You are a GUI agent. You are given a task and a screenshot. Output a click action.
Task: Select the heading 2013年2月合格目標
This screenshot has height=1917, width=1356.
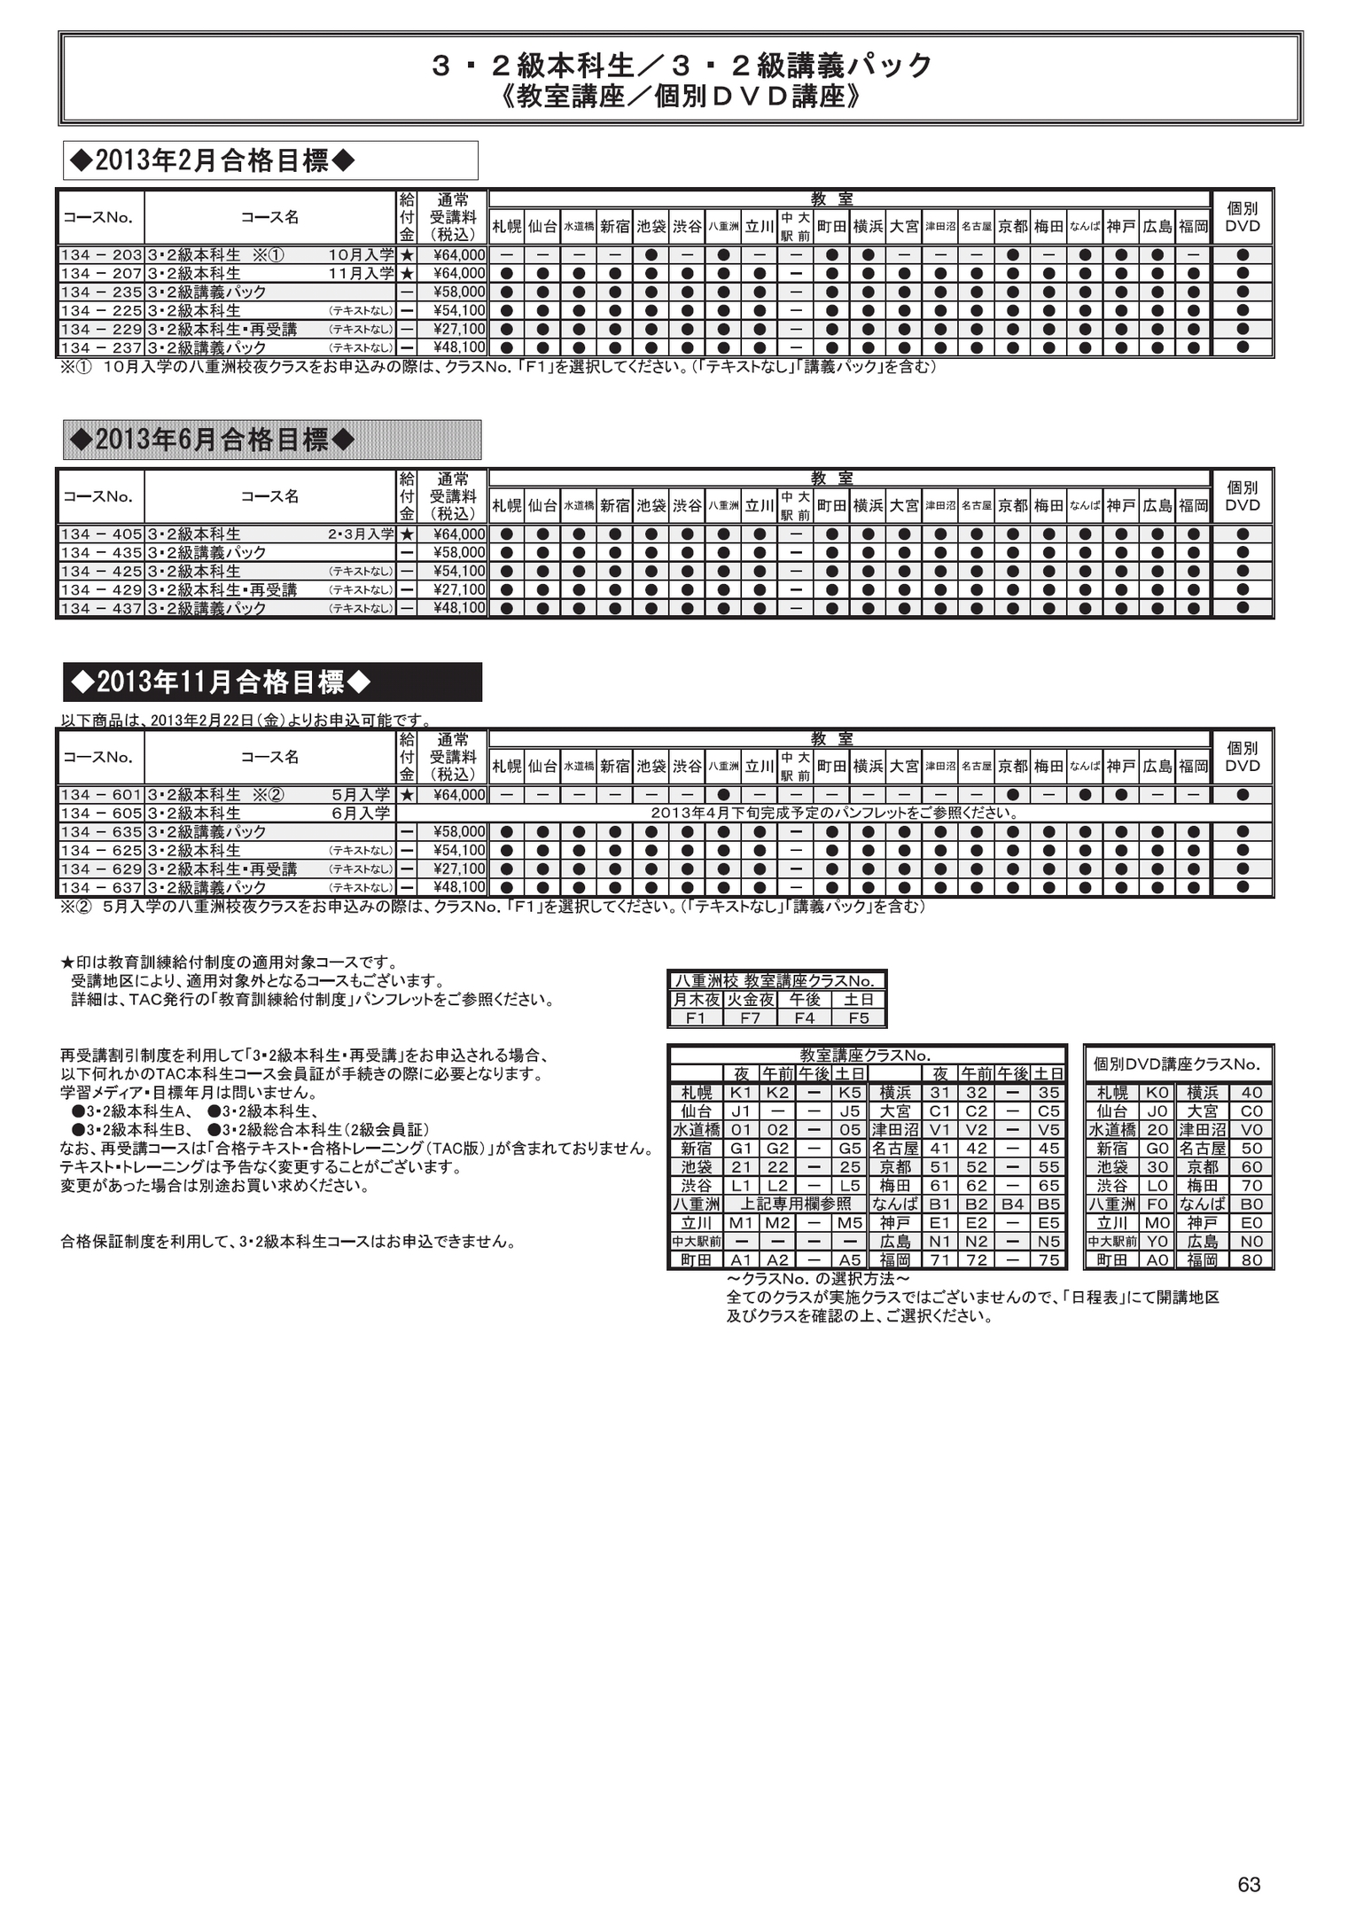point(212,160)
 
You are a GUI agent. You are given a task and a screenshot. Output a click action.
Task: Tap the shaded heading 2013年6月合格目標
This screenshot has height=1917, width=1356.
point(212,440)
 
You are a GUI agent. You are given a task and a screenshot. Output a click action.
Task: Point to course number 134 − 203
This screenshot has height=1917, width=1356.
point(102,255)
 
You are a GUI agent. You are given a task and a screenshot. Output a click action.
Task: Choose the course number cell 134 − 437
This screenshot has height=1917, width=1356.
point(102,609)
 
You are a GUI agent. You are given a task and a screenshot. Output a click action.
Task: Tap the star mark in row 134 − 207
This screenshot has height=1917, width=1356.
point(407,274)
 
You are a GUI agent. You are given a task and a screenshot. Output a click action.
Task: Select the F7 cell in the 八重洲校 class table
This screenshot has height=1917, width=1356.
point(750,1018)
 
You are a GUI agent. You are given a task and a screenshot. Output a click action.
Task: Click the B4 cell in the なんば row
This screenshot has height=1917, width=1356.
point(1012,1204)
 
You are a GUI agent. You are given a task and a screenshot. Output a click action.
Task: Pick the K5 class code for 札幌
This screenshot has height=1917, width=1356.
point(850,1093)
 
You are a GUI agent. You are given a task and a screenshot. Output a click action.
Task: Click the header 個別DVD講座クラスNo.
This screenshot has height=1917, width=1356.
point(1176,1064)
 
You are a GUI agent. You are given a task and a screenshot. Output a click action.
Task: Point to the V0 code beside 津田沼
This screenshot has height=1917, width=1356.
point(1251,1130)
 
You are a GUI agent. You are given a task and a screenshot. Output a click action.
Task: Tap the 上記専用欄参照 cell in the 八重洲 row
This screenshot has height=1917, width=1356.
point(795,1204)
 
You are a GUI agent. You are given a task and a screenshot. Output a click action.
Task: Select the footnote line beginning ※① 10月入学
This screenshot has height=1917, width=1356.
point(496,367)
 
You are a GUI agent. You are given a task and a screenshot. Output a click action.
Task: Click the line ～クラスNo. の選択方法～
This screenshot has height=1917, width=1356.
point(817,1280)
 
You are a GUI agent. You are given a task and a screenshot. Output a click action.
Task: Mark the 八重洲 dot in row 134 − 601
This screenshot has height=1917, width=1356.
point(723,795)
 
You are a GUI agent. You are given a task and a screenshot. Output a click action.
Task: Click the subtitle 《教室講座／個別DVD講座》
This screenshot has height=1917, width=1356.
point(681,96)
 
